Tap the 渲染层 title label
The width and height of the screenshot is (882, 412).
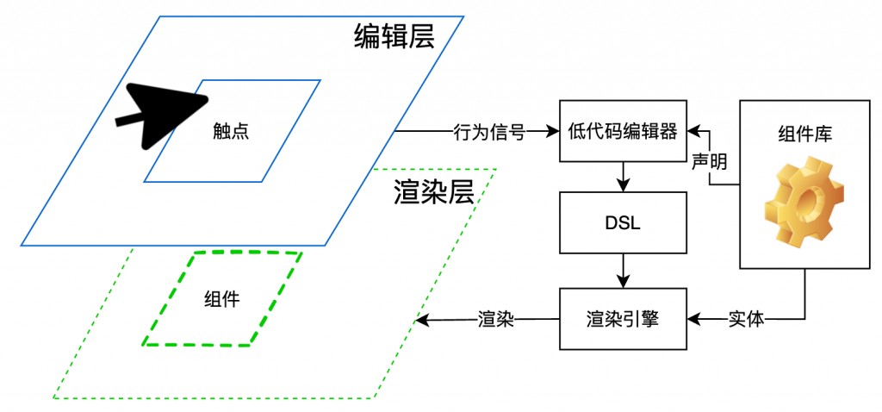[434, 190]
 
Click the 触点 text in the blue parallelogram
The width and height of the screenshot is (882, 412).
[231, 131]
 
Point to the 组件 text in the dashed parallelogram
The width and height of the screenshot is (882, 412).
[221, 299]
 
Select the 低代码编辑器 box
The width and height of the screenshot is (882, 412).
[624, 132]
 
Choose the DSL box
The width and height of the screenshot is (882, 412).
[624, 222]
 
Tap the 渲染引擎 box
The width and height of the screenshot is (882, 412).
[624, 320]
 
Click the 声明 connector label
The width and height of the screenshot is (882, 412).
[709, 161]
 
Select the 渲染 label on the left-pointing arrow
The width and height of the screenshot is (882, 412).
[495, 320]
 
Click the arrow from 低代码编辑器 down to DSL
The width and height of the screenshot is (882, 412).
[624, 177]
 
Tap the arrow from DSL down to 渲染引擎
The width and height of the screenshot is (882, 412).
[624, 272]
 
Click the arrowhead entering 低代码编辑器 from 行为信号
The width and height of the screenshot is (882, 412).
[553, 132]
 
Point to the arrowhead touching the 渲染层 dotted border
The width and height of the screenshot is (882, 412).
[421, 321]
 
